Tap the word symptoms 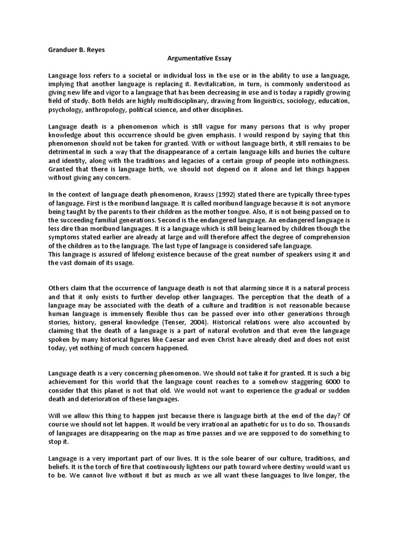point(64,237)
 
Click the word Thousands point(331,424)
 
